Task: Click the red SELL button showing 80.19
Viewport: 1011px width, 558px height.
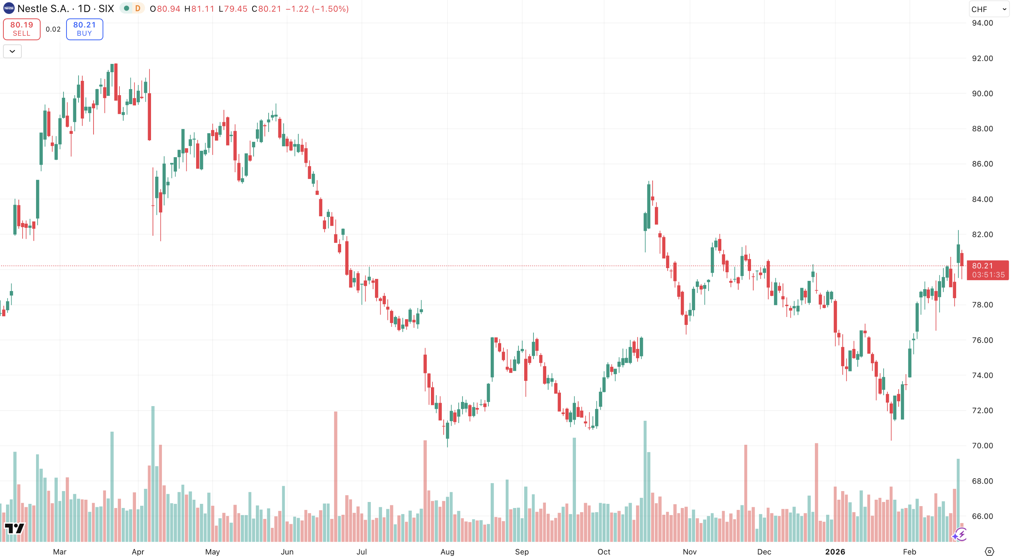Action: pos(21,29)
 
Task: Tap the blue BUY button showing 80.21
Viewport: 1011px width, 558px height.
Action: pos(85,29)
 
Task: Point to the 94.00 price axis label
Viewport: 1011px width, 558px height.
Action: pos(982,23)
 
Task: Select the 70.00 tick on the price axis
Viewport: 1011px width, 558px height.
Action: pos(982,446)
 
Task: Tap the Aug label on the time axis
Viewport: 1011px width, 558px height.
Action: pos(447,552)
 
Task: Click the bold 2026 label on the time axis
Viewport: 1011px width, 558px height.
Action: pos(835,552)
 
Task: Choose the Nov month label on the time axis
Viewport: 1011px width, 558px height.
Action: pos(689,552)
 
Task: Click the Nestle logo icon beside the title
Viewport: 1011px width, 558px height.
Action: pos(9,8)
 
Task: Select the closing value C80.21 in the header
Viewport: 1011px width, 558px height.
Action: pos(266,9)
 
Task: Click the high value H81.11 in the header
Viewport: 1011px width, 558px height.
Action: pos(199,9)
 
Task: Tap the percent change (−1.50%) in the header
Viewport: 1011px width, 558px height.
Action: pos(330,9)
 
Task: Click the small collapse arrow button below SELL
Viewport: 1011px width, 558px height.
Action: pos(12,52)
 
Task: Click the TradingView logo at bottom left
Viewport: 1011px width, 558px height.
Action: pos(15,529)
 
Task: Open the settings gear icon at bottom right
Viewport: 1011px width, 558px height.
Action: pos(990,551)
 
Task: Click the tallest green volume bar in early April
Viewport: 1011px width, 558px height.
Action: pos(153,471)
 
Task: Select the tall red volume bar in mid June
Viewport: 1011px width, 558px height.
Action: pos(335,475)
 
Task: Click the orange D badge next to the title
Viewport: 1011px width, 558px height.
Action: pos(138,8)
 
